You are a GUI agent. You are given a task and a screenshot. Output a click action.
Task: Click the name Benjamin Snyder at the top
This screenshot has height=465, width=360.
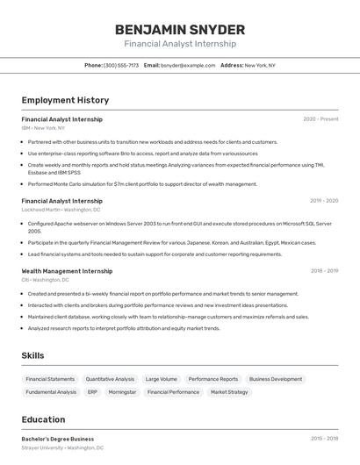coord(180,29)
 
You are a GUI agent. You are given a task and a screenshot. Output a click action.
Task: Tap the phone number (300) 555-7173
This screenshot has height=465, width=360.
coord(121,65)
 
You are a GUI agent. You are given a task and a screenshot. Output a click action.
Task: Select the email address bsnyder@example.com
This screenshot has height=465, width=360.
coord(188,65)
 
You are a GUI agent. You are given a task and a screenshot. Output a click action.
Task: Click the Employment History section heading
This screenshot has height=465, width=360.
coord(65,101)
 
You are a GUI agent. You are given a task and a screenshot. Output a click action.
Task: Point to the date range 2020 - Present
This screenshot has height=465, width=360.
coord(320,119)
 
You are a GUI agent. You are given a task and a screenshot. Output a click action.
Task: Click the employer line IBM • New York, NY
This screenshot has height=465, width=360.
coord(43,127)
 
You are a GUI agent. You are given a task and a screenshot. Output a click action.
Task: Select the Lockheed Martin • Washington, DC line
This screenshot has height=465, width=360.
coord(61,210)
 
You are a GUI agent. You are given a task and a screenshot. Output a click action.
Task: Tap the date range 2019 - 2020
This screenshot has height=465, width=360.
coord(324,201)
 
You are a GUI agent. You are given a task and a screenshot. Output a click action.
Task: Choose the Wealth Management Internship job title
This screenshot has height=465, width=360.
coord(67,271)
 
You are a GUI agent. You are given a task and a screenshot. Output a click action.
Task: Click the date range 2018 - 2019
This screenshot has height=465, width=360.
coord(324,271)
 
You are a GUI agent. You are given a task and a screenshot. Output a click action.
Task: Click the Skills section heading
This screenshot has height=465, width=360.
coord(33,355)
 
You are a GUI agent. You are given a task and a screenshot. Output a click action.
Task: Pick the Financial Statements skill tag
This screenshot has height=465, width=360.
coord(50,379)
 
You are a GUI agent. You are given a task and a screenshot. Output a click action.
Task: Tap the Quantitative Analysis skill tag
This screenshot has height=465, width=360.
coord(111,379)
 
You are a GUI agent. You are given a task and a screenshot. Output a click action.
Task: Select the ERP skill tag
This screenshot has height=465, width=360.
coord(92,392)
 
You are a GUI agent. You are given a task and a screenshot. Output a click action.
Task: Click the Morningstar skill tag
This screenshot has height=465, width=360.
coord(122,392)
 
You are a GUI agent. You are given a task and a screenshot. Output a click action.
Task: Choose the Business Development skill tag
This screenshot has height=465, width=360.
coord(275,379)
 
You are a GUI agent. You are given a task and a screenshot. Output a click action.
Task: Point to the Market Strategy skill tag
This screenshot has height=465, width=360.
coord(229,392)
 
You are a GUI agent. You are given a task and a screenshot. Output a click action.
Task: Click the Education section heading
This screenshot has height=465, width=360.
coord(43,420)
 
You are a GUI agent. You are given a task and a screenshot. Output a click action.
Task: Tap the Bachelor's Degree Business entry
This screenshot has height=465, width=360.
coord(58,438)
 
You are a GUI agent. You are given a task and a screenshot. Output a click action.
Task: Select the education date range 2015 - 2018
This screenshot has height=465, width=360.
coord(324,438)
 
